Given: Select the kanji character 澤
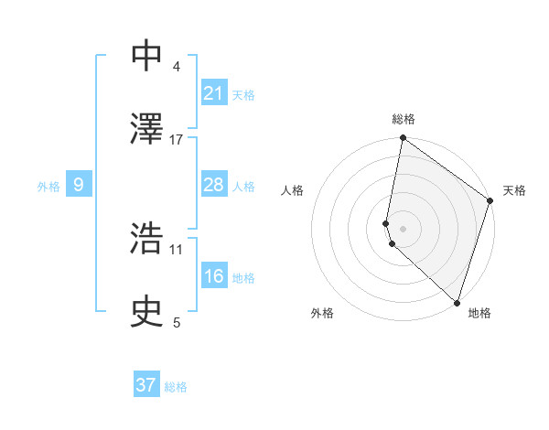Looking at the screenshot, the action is point(147,128).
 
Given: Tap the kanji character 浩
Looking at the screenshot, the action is point(147,239).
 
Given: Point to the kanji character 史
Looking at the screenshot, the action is point(147,312).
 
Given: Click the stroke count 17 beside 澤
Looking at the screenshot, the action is point(177,140).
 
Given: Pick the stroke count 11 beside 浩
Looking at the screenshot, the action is point(177,249).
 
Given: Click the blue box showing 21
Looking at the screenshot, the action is point(214,93).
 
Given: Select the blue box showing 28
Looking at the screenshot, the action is point(214,185).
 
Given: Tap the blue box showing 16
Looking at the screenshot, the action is point(214,276).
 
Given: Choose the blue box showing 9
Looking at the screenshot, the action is point(79,185).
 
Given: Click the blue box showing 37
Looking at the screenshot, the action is point(146,385).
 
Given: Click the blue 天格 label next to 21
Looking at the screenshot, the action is point(243,95).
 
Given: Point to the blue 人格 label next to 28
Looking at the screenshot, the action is point(243,187).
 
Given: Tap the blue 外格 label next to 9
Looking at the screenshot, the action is point(48,187).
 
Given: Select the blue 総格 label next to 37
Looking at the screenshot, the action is point(176,387).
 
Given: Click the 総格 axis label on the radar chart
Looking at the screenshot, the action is point(403,119).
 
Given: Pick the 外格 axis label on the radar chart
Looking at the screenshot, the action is point(322,314).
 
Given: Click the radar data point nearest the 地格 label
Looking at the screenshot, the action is point(457,302).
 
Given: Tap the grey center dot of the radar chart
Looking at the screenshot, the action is point(403,228).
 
